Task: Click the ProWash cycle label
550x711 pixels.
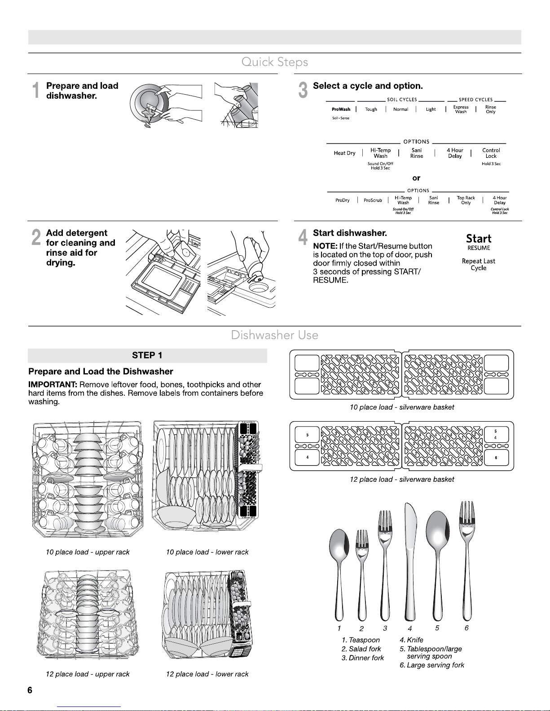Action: coord(341,109)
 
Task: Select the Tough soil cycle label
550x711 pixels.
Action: coord(371,109)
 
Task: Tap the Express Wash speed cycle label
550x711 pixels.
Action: coord(461,109)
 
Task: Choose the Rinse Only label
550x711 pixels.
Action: coord(490,109)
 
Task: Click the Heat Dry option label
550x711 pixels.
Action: coord(344,153)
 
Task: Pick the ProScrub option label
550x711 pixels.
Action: coord(373,201)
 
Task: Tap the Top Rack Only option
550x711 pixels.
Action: coord(466,200)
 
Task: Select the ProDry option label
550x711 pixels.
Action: coord(343,201)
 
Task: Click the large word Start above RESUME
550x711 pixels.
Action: coord(478,239)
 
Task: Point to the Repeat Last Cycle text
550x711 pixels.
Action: coord(478,264)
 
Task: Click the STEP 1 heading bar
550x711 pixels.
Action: coord(147,356)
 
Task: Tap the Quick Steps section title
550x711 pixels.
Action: coord(274,62)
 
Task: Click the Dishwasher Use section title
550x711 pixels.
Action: coord(274,335)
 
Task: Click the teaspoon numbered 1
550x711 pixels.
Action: coord(338,570)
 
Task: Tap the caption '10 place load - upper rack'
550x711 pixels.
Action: coord(88,552)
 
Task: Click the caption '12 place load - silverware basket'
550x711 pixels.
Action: coord(402,480)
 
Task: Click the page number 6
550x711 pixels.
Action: coord(30,691)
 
